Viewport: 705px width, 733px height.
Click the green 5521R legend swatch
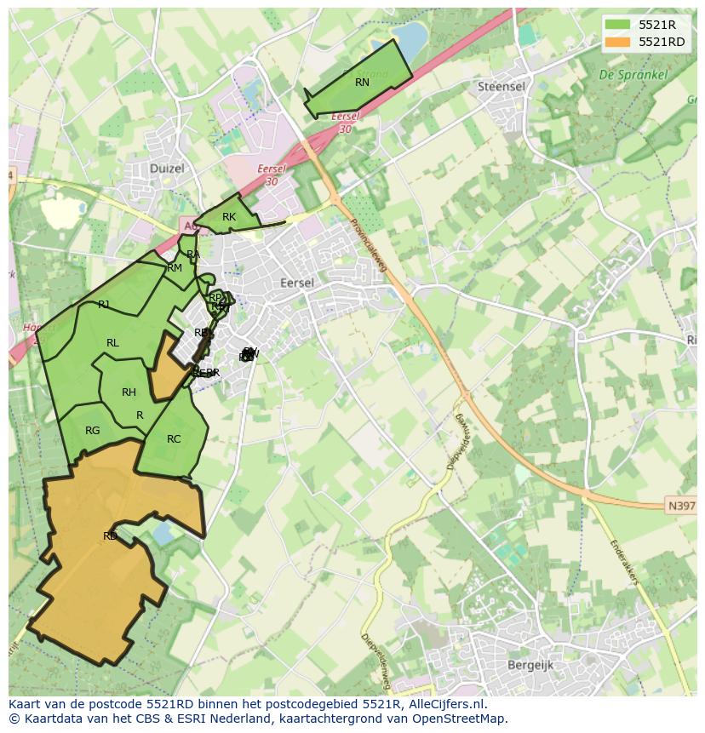[x=618, y=25]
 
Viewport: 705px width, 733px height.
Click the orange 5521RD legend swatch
[x=618, y=42]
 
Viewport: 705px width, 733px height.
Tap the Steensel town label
[x=501, y=87]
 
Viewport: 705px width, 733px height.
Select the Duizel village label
[x=167, y=169]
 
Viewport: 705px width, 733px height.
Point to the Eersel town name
[x=297, y=283]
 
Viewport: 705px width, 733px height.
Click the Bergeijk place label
[x=530, y=665]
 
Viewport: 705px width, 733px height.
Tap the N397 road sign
[x=681, y=506]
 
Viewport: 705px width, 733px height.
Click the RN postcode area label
[x=362, y=83]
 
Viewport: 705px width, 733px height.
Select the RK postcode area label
[x=228, y=217]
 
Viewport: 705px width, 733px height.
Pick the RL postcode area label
[x=112, y=343]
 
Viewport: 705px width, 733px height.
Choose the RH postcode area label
[x=129, y=392]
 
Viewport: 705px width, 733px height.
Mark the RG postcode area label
[x=92, y=431]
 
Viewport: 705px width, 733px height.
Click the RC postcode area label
[x=174, y=439]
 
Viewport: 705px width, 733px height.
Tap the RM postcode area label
[x=175, y=268]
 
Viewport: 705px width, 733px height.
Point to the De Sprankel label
[x=633, y=75]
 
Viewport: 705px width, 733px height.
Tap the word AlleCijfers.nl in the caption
[x=445, y=704]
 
